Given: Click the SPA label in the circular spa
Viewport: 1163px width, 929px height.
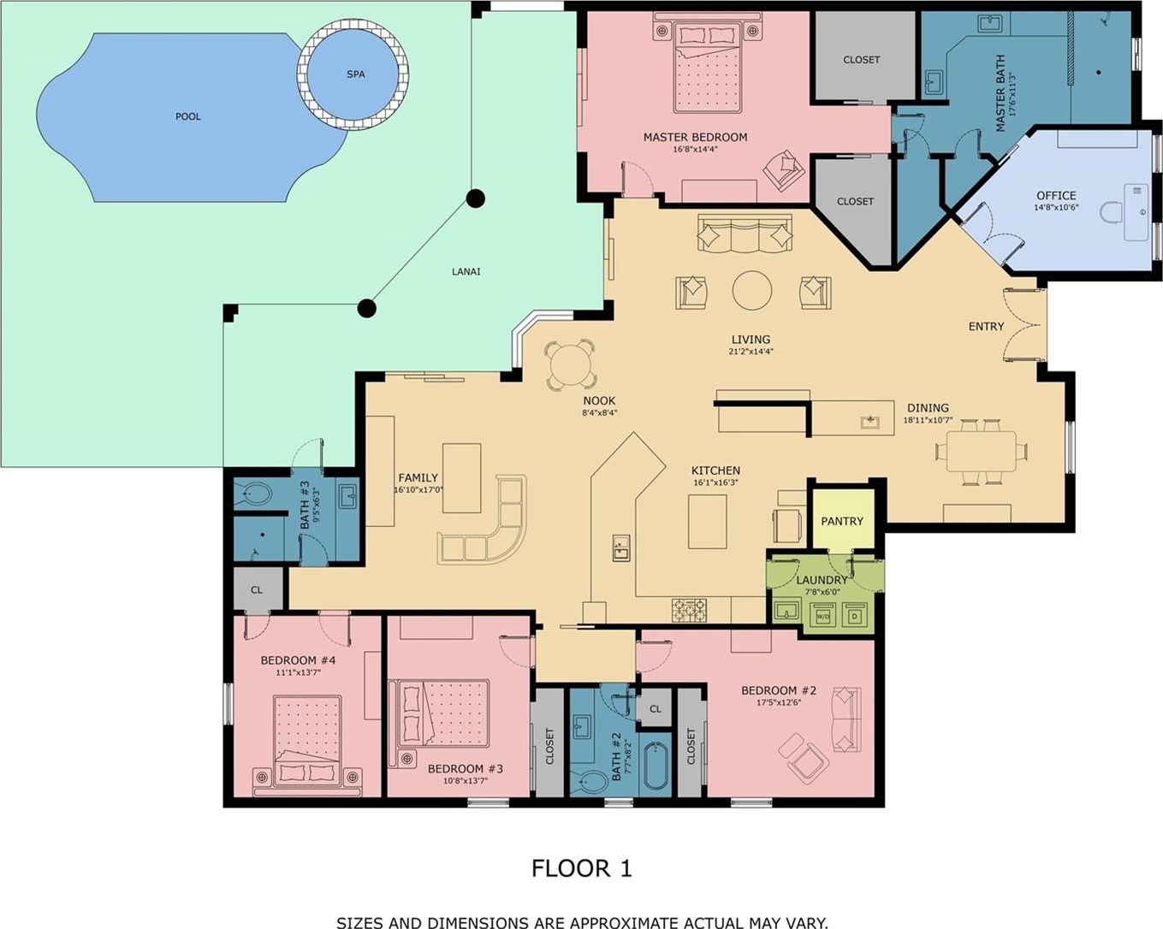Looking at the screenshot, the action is [356, 74].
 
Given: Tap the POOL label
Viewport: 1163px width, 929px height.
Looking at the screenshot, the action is [188, 116].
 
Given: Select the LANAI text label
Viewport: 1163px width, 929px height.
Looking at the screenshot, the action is [466, 271].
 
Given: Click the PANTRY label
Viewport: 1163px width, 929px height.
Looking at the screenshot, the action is [842, 521].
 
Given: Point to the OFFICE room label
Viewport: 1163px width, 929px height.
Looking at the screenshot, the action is [1056, 196].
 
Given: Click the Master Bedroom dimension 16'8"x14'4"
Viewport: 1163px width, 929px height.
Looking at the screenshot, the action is [695, 149].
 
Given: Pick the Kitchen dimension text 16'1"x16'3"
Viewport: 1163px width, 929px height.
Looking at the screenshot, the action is [715, 482].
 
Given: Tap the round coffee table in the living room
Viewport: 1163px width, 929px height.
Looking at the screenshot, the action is [751, 290].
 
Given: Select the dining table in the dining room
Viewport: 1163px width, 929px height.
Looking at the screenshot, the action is [981, 451].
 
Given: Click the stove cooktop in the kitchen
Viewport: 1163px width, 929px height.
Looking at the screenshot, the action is [689, 610].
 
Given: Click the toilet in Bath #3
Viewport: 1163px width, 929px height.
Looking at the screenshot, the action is [254, 494].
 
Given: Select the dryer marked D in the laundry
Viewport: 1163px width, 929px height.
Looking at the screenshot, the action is [854, 616].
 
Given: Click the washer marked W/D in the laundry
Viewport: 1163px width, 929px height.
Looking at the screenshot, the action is [822, 616].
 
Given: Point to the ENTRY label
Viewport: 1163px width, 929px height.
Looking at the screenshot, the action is [986, 327].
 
